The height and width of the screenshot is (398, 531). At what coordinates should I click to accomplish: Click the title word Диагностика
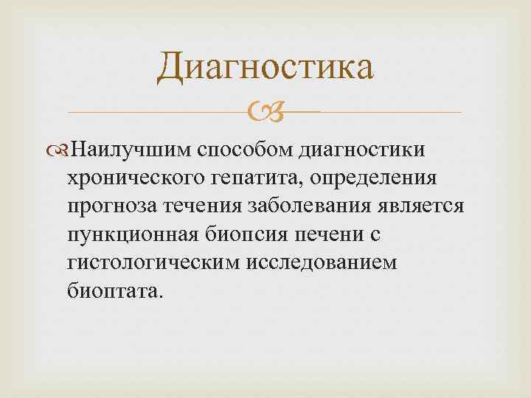click(265, 67)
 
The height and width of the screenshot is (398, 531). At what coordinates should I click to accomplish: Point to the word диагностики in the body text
click(361, 151)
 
